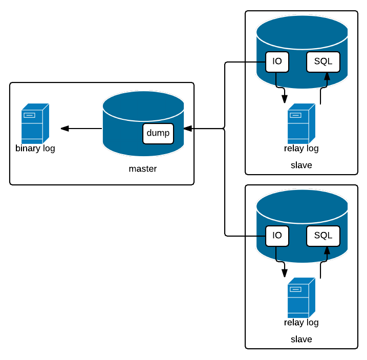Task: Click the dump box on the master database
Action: coord(158,133)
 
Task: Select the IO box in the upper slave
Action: coord(277,62)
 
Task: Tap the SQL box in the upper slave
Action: coord(323,62)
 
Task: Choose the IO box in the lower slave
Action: coord(277,236)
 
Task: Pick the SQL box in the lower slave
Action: coord(323,236)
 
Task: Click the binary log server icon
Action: coord(35,123)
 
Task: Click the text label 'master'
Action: coord(143,168)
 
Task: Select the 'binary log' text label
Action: coord(35,149)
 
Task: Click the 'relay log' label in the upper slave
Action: coord(301,149)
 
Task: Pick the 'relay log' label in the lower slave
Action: coord(301,323)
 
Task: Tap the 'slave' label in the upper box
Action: coord(301,165)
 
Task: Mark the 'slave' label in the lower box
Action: coord(301,339)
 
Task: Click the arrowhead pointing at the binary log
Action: coord(64,129)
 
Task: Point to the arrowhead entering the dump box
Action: coord(188,129)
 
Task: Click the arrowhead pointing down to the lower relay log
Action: coord(285,273)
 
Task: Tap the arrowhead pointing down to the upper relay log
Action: coord(285,99)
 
